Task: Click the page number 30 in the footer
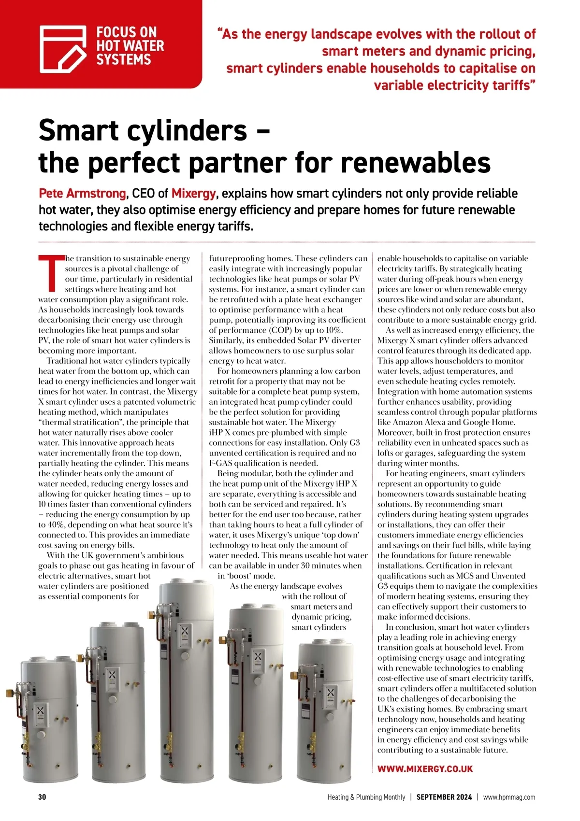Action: [42, 797]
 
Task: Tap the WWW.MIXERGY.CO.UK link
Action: [425, 769]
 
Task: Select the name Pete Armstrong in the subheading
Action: [82, 194]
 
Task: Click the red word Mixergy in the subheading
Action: [193, 194]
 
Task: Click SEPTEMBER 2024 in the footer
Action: [444, 797]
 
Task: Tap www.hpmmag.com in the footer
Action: [509, 797]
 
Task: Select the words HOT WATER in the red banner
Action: [130, 46]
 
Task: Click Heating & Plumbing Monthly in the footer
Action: [366, 797]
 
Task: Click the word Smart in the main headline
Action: [78, 130]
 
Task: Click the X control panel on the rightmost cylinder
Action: [331, 696]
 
